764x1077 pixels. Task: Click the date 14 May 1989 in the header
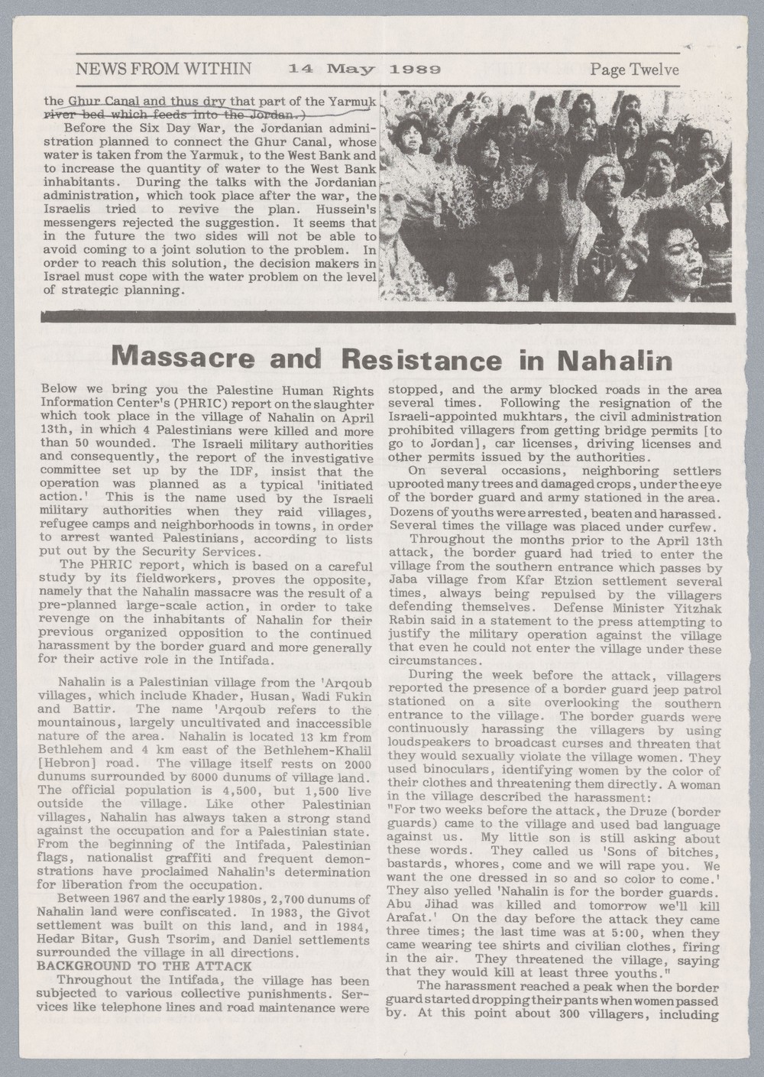pos(364,70)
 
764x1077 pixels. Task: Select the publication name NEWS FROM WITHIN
pos(163,70)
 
